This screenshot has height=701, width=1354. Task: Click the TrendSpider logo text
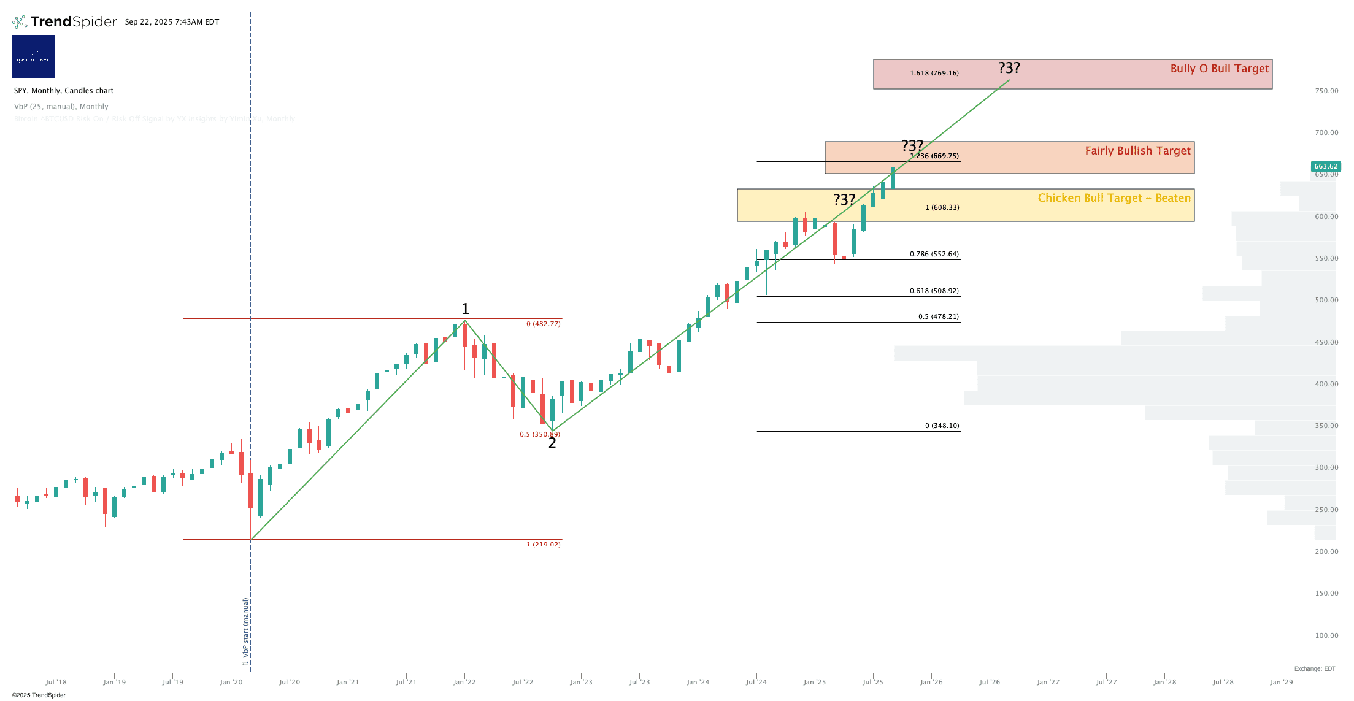(73, 22)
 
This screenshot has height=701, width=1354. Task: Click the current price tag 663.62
(1325, 166)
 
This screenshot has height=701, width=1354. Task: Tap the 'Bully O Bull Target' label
(1219, 69)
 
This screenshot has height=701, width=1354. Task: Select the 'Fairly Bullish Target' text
(1137, 151)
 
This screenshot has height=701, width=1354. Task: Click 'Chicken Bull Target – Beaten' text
(1114, 198)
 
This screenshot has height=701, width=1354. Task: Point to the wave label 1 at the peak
(465, 308)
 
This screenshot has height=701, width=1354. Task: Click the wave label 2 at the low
(552, 443)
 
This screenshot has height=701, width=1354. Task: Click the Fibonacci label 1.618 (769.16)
(934, 73)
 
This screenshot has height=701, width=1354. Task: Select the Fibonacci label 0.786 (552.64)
(934, 254)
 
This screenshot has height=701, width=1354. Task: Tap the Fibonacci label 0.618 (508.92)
(934, 291)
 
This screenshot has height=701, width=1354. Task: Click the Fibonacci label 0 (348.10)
(942, 426)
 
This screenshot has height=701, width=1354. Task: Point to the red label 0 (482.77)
(543, 324)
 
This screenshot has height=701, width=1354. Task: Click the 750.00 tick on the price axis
(1326, 91)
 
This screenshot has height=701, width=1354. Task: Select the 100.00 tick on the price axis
(1326, 635)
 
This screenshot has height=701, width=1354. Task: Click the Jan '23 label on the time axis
(581, 682)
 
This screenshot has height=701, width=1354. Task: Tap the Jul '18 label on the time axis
(56, 682)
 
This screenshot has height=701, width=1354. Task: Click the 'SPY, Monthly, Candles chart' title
(64, 91)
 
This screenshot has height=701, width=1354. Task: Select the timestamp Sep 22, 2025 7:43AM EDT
(172, 22)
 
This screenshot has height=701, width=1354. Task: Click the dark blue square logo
(34, 56)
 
